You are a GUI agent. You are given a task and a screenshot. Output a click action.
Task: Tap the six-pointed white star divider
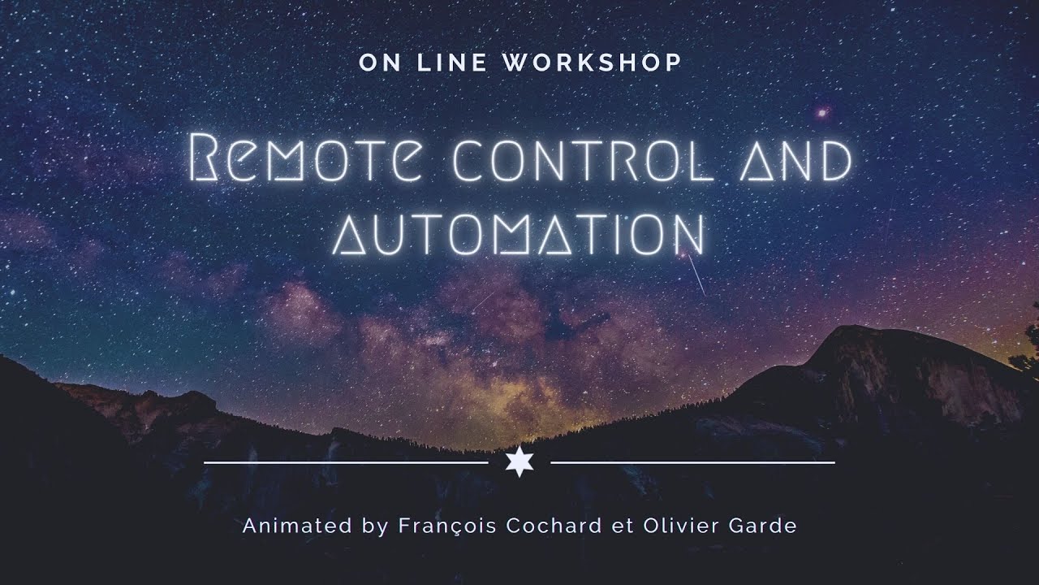pyautogui.click(x=519, y=462)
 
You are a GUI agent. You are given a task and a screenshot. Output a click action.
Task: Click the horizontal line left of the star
pyautogui.click(x=345, y=463)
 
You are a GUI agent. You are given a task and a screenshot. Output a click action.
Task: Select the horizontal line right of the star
pyautogui.click(x=692, y=463)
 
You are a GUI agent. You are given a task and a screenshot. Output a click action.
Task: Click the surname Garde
pyautogui.click(x=765, y=526)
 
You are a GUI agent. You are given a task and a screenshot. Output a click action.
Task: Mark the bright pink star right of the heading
pyautogui.click(x=823, y=112)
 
